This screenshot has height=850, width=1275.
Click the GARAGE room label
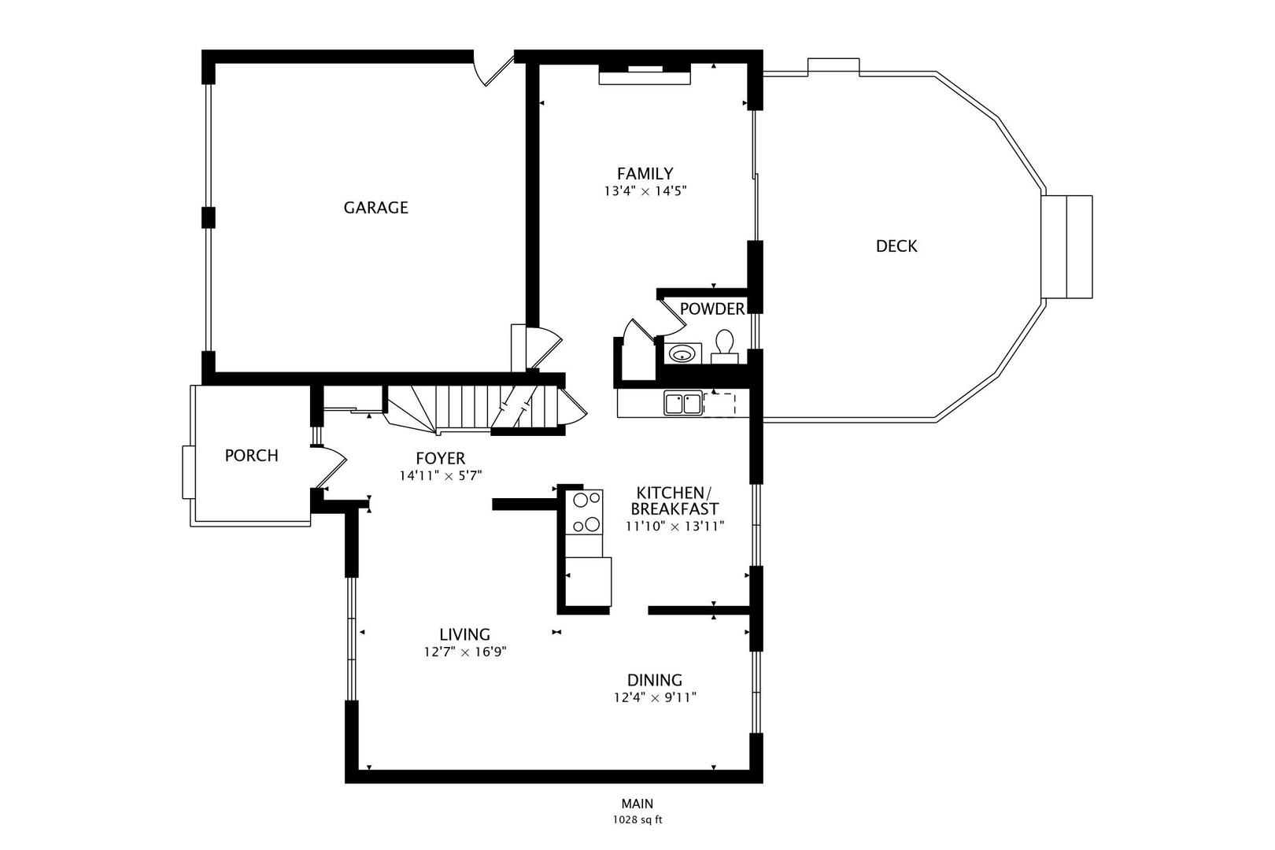coord(375,207)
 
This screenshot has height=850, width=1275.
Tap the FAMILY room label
coord(645,173)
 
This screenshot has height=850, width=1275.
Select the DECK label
coord(896,246)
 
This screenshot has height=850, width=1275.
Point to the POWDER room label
coord(712,309)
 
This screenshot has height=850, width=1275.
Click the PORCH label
coord(252,456)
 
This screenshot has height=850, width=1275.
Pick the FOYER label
coord(441,458)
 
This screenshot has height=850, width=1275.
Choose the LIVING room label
coord(464,634)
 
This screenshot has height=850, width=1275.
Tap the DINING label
coord(655,680)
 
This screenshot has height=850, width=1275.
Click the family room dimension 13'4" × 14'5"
coord(645,191)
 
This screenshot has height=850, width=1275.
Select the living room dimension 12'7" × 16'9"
coord(465,652)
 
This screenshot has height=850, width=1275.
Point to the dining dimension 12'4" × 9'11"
coord(655,697)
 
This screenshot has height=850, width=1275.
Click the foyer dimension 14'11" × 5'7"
coord(441,476)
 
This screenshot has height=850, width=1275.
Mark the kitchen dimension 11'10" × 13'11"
coord(674,526)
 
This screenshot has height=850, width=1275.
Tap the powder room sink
coord(682,353)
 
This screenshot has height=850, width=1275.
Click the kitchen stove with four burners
coord(584,512)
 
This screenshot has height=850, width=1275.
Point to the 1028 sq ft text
coord(637,820)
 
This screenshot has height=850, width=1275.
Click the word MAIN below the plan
coord(637,804)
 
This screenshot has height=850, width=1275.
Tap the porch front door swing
coord(331,467)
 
